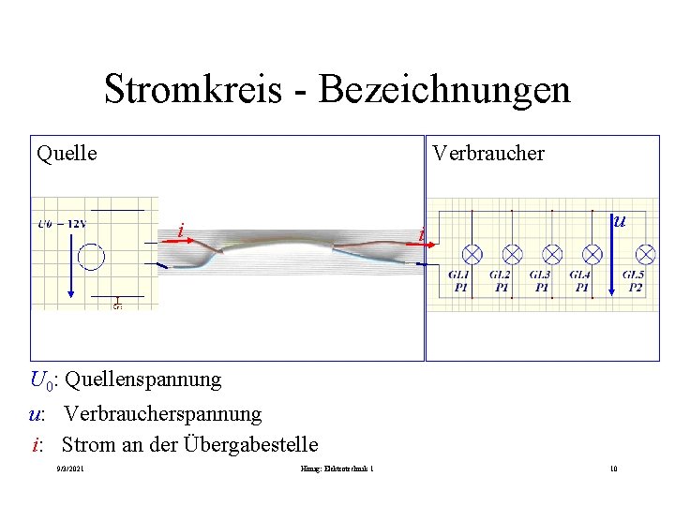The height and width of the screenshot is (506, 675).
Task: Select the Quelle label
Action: coord(67,153)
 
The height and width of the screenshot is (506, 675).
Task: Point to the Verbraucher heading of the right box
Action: coord(487,153)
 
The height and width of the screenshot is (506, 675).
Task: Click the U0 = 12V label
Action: coord(62,223)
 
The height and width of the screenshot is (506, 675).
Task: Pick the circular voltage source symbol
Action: coord(92,256)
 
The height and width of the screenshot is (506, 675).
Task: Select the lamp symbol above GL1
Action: coord(473,254)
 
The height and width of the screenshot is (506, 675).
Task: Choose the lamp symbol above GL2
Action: coord(513,254)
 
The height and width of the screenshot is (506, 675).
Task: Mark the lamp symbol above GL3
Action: coord(553,254)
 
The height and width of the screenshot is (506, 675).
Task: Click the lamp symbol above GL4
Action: coord(592,254)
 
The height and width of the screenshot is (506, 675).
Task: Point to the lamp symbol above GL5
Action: coord(646,254)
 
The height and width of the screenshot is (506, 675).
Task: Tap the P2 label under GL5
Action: coord(636,288)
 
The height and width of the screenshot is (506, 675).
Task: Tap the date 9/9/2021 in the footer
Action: coord(70,469)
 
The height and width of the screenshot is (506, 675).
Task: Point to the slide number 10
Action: coord(612,469)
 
